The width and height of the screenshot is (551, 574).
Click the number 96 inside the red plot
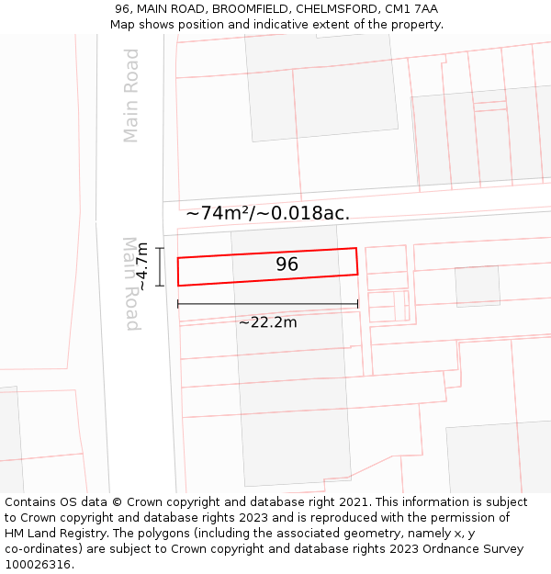point(287,264)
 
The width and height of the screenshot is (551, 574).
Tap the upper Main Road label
point(131,96)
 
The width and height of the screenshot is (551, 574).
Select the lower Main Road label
point(131,284)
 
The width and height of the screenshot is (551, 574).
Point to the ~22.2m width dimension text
point(267,322)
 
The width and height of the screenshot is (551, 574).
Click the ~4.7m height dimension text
point(143,267)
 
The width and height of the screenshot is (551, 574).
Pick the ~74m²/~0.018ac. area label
point(267,213)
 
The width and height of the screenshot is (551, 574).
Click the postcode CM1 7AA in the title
point(411,9)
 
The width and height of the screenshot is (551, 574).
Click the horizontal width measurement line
point(267,304)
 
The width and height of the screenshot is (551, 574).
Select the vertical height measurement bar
point(160,266)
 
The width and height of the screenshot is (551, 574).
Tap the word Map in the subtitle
point(123,25)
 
